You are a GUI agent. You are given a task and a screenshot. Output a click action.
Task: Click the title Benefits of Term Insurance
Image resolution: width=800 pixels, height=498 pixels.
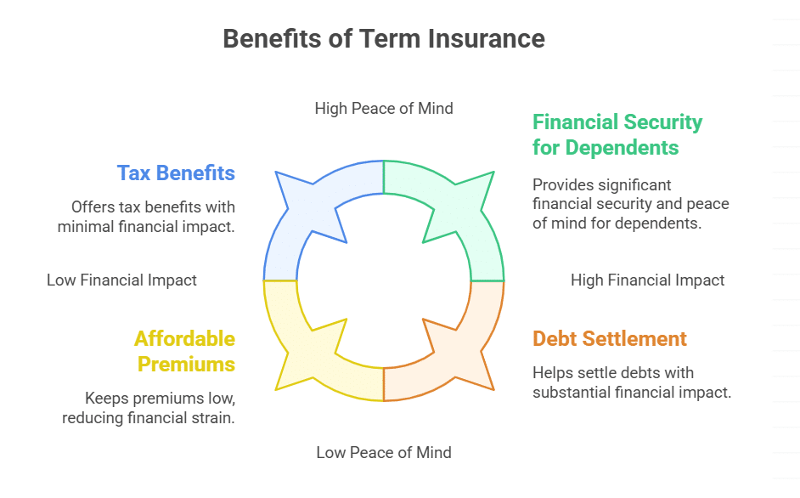click(x=383, y=39)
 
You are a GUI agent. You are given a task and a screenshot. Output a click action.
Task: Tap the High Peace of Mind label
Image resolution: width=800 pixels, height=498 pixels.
click(x=383, y=108)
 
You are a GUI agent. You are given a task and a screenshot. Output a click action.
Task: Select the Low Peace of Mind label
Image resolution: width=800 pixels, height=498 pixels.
click(x=383, y=453)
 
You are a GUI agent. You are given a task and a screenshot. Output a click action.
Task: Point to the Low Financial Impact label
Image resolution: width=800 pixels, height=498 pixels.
click(x=121, y=280)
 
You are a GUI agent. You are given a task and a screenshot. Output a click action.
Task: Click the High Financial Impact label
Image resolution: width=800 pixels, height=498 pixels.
click(x=647, y=280)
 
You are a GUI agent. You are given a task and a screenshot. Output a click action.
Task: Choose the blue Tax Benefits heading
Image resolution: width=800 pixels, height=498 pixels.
click(x=176, y=173)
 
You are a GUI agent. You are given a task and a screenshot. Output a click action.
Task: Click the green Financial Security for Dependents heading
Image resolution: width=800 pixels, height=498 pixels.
click(x=617, y=134)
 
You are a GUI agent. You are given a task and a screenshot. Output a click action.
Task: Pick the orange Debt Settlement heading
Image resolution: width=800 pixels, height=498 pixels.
click(x=609, y=338)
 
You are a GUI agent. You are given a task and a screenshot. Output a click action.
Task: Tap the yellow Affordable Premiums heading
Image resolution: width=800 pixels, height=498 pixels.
click(x=184, y=351)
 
